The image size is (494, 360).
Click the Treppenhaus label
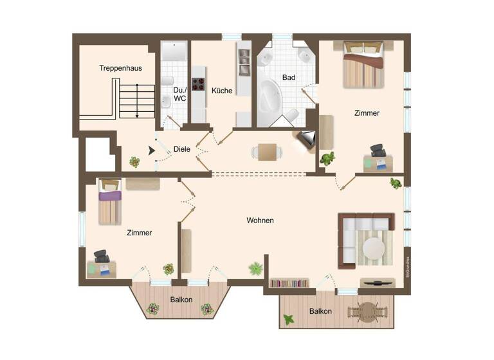click(x=120, y=67)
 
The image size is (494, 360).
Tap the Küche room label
click(x=222, y=90)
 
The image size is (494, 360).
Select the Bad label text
click(x=289, y=78)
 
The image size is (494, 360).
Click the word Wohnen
click(x=260, y=221)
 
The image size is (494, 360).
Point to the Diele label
click(x=181, y=149)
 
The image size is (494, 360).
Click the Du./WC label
click(x=179, y=94)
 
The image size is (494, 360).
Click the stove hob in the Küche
click(x=198, y=84)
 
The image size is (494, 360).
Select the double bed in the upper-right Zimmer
click(x=363, y=64)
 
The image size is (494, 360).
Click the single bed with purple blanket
click(x=109, y=202)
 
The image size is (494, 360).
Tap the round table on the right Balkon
click(x=367, y=312)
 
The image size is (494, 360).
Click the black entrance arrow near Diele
click(x=152, y=150)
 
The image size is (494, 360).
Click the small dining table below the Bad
click(x=267, y=152)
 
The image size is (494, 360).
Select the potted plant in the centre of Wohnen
click(x=256, y=268)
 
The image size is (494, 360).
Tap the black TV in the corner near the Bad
click(x=307, y=138)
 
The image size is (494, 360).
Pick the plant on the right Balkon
click(x=289, y=319)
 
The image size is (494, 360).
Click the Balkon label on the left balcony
click(x=181, y=300)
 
